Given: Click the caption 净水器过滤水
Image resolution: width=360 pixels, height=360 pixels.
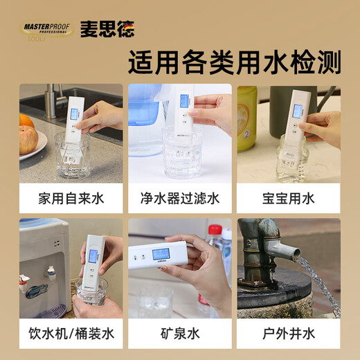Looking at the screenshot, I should pos(179,199).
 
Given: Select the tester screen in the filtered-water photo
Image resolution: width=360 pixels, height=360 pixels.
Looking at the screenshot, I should pos(183,102).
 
